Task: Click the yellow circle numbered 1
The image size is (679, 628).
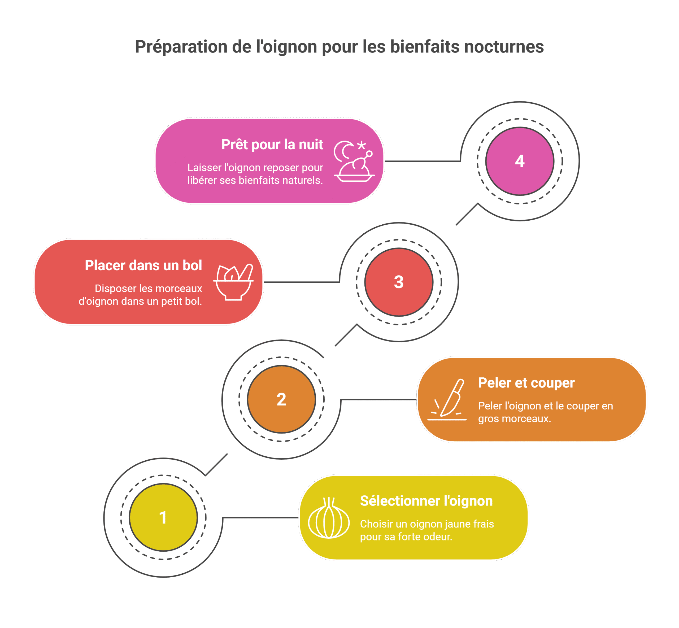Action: [163, 517]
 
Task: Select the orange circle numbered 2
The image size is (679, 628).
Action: [281, 399]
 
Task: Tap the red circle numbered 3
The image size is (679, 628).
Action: [399, 282]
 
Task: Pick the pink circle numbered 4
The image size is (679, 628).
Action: [520, 161]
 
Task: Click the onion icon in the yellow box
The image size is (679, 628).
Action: [329, 518]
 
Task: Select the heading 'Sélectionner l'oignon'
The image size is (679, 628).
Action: [426, 501]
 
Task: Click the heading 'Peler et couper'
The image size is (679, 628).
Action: [526, 383]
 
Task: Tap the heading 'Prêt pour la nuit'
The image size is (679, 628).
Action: [272, 145]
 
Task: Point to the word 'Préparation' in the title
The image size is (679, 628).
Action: [181, 47]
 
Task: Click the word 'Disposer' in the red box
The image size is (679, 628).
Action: [115, 289]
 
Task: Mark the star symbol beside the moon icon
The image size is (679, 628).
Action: [362, 145]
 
